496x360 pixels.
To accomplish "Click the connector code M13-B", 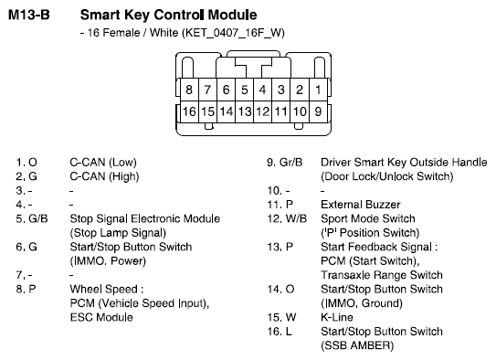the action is click(x=29, y=15).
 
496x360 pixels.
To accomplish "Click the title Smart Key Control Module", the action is click(x=168, y=16).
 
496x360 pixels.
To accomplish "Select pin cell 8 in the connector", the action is click(x=189, y=90).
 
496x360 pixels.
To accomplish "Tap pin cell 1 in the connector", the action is click(x=318, y=90).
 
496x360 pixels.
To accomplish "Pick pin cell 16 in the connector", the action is click(x=189, y=111).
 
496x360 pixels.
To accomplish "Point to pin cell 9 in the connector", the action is click(x=318, y=111).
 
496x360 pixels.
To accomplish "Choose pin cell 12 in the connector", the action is click(x=262, y=111).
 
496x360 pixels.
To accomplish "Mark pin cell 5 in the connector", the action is click(x=244, y=90).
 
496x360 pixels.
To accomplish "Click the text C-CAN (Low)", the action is click(x=103, y=163).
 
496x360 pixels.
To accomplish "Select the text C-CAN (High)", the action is click(x=104, y=176).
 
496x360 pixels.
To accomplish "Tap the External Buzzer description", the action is click(x=361, y=205).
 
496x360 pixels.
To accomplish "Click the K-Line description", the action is click(x=337, y=317).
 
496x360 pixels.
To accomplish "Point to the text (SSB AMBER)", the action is click(x=357, y=345).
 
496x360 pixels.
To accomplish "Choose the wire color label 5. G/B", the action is click(x=32, y=219).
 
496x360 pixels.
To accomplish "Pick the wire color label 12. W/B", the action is click(x=287, y=219).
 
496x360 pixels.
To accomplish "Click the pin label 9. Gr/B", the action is click(x=285, y=163).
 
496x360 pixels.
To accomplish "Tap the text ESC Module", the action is click(x=101, y=317).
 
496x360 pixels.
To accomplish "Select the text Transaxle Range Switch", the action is click(x=382, y=275).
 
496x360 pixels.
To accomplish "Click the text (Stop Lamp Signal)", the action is click(x=118, y=233).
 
